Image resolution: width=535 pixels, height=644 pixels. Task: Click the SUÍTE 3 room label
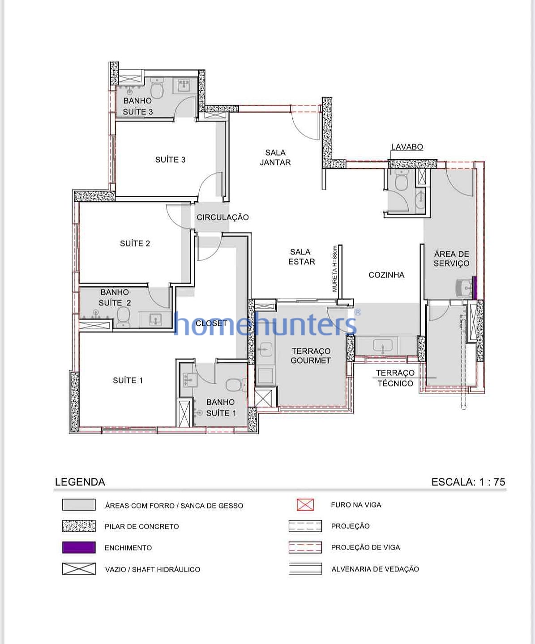170,160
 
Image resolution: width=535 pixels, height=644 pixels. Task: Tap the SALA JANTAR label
275,157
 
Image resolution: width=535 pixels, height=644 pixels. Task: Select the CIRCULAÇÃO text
223,217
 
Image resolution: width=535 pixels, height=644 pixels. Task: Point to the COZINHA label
386,275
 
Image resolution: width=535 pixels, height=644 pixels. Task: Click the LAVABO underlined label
407,147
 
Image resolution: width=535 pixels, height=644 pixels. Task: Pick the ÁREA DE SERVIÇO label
451,258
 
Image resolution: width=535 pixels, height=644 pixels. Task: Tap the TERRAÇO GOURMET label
311,356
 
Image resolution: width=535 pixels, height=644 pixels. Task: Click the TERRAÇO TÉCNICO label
395,378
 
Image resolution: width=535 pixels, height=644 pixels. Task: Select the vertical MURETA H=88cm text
334,269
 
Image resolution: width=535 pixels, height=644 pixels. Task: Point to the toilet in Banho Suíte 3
157,90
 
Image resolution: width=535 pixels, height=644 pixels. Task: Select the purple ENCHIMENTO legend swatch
79,547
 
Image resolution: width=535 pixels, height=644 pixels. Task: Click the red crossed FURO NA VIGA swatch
305,505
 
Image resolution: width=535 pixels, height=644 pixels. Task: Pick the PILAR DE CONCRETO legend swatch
79,526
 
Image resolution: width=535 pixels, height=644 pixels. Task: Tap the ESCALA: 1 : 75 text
468,482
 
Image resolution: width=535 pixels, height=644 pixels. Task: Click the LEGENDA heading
80,482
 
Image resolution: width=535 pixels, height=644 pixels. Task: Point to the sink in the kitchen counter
383,346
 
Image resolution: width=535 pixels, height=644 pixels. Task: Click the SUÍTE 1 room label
128,381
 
